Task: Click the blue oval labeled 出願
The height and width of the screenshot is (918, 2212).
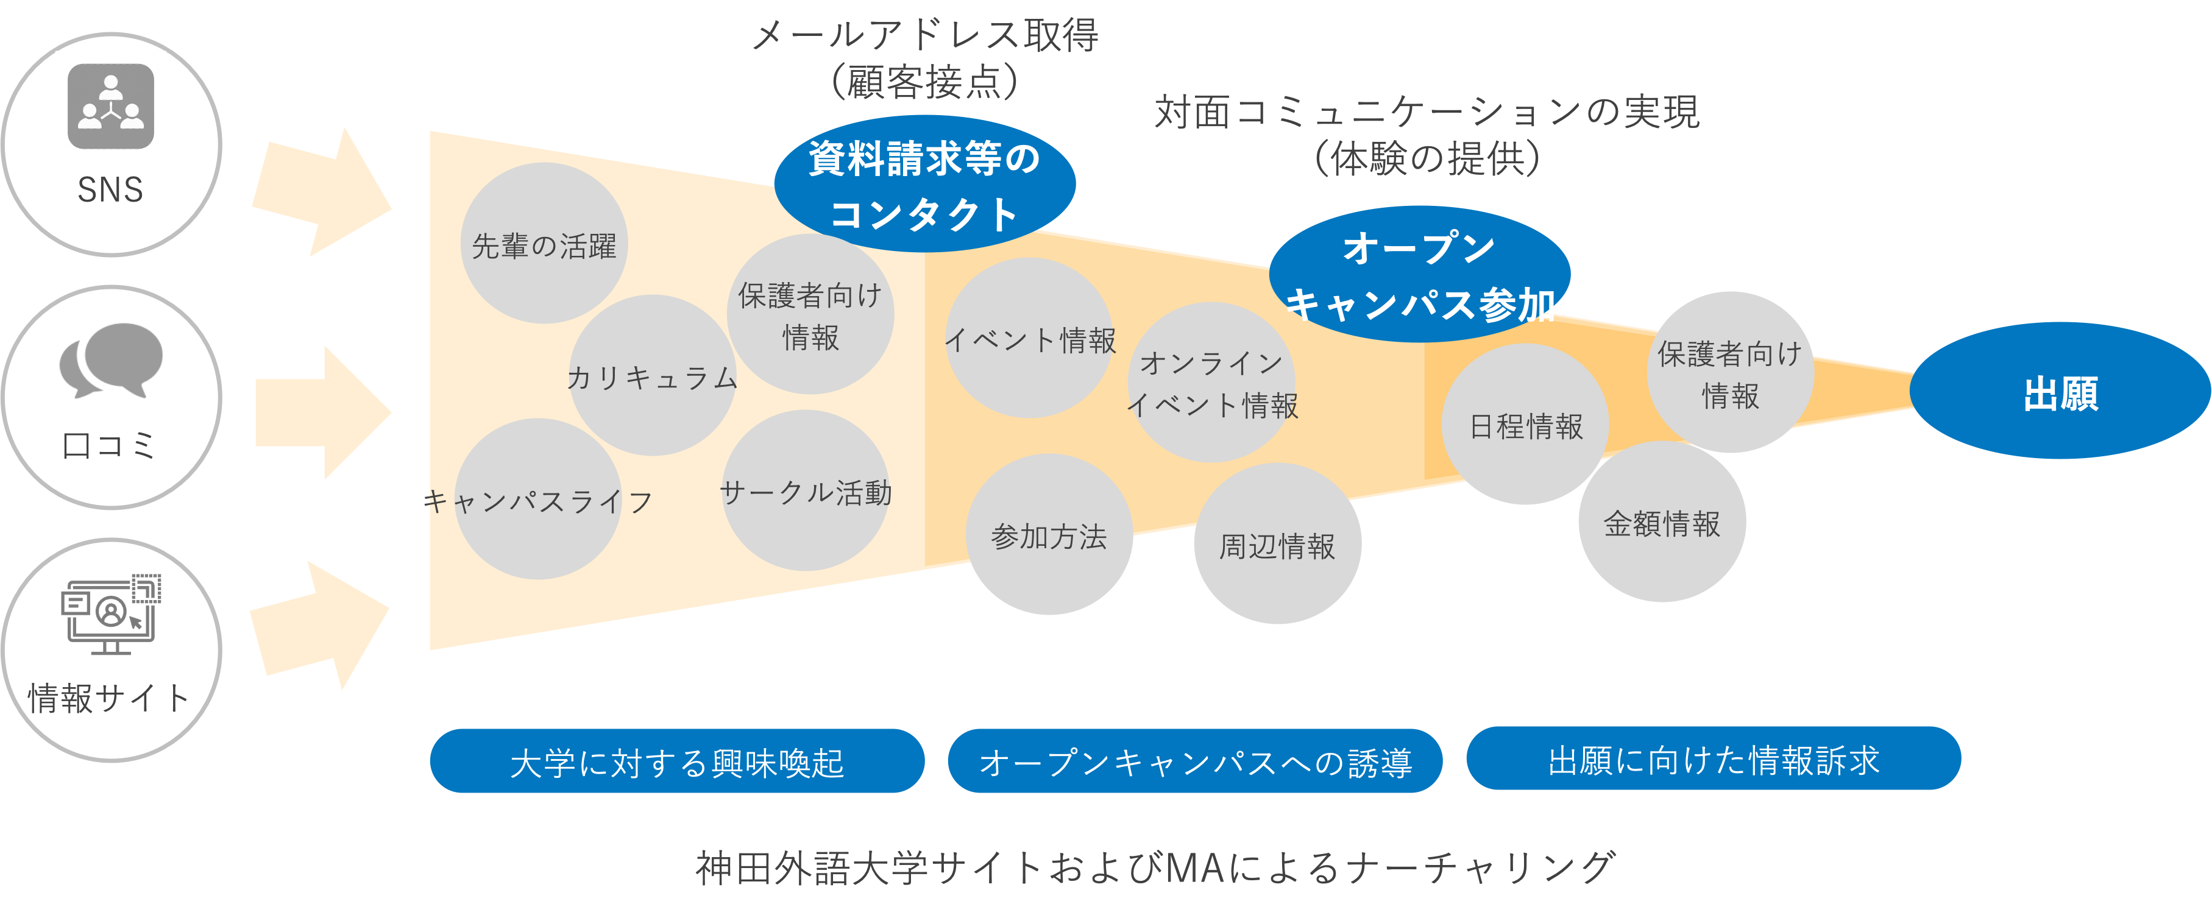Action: pos(2059,392)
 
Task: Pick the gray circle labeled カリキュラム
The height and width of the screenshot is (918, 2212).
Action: pos(652,376)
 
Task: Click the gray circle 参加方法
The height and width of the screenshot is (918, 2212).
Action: pos(1049,536)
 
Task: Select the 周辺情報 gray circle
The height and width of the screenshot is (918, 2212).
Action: pos(1277,545)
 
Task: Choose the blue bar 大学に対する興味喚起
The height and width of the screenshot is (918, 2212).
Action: pos(676,761)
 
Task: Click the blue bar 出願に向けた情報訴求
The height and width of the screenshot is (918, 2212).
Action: pos(1713,759)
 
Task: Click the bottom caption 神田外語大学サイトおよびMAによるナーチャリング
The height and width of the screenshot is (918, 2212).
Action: pos(1154,867)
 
